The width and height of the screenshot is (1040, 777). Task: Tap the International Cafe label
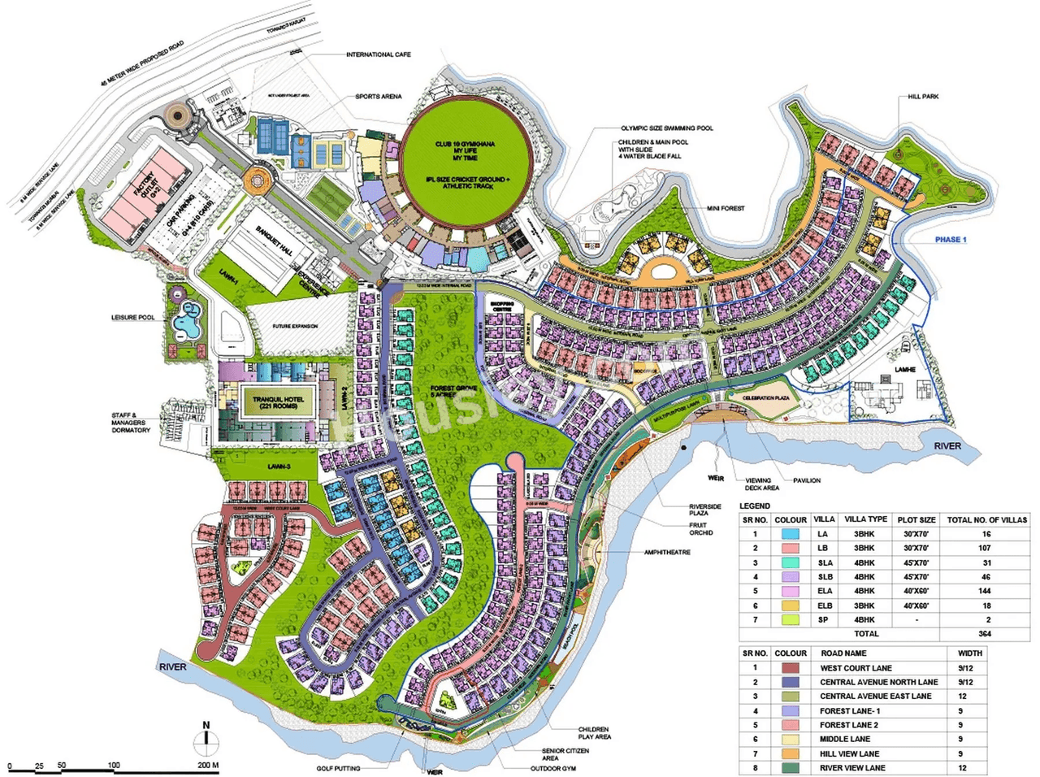[379, 54]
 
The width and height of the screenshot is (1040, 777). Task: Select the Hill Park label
[923, 97]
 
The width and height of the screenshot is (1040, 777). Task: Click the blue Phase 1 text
[950, 240]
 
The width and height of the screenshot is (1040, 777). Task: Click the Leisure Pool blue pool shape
[188, 320]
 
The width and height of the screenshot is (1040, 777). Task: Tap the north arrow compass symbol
[206, 739]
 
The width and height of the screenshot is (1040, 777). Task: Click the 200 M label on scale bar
[207, 766]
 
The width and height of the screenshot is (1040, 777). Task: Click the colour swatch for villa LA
[790, 534]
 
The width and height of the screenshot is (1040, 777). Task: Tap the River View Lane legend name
[853, 767]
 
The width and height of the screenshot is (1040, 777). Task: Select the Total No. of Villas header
[986, 519]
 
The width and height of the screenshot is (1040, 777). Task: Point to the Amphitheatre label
[667, 552]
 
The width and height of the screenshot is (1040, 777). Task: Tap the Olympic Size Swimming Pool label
[667, 128]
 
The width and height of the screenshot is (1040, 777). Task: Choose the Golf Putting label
[339, 767]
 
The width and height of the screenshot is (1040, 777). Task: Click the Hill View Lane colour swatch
[790, 753]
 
